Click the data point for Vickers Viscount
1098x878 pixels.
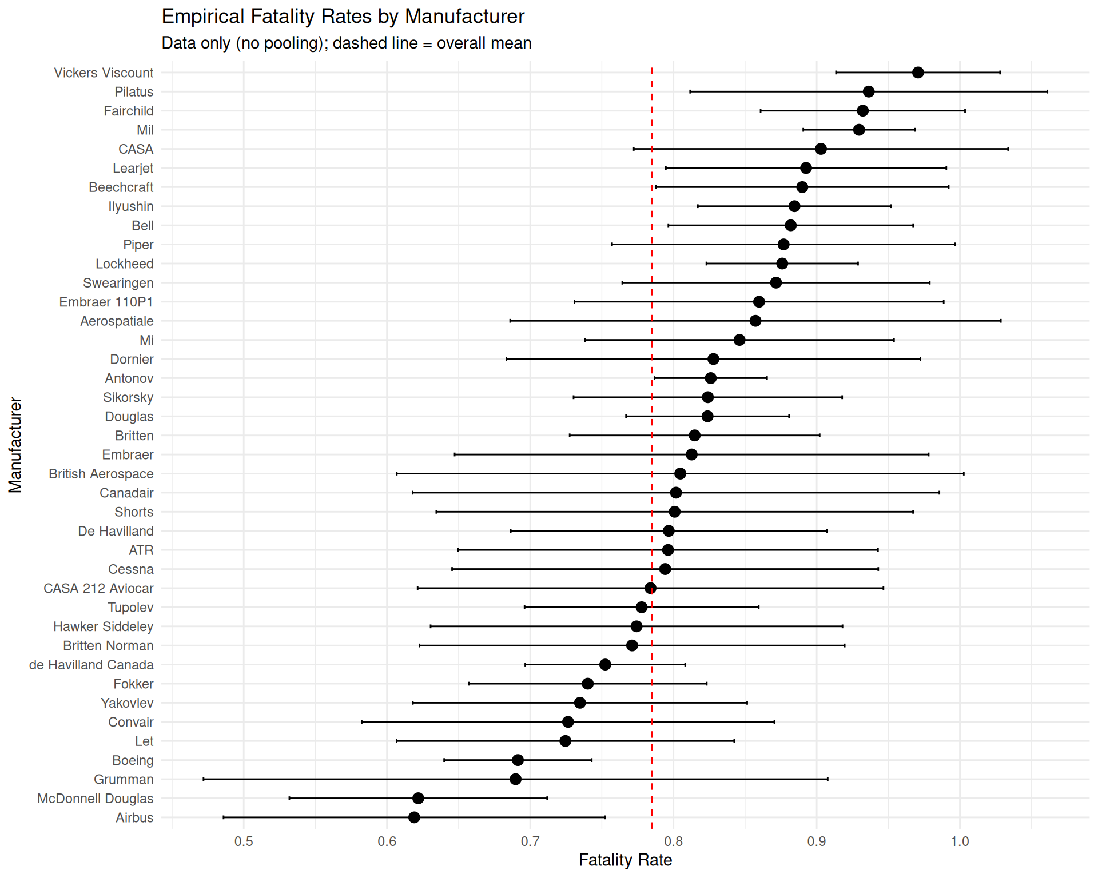pyautogui.click(x=918, y=73)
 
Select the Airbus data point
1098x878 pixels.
pyautogui.click(x=414, y=817)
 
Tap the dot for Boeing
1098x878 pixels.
pyautogui.click(x=518, y=760)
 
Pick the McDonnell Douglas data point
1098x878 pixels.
pyautogui.click(x=418, y=799)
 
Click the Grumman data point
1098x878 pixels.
pyautogui.click(x=515, y=779)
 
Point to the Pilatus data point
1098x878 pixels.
pyautogui.click(x=869, y=91)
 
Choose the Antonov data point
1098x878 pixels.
pyautogui.click(x=710, y=378)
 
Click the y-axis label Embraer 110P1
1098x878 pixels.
pyautogui.click(x=106, y=302)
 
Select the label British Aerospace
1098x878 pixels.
pyautogui.click(x=101, y=474)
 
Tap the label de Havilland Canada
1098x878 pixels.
pyautogui.click(x=91, y=665)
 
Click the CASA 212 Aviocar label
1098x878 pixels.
pyautogui.click(x=98, y=588)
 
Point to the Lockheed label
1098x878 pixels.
pyautogui.click(x=125, y=264)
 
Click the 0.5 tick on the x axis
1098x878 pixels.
pyautogui.click(x=244, y=841)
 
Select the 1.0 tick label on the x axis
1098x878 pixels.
pyautogui.click(x=960, y=841)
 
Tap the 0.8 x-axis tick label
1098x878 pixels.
pyautogui.click(x=674, y=841)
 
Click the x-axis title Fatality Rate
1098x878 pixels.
pyautogui.click(x=625, y=860)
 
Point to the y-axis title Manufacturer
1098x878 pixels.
pyautogui.click(x=15, y=445)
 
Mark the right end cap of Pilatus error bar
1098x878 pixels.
pyautogui.click(x=1047, y=91)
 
